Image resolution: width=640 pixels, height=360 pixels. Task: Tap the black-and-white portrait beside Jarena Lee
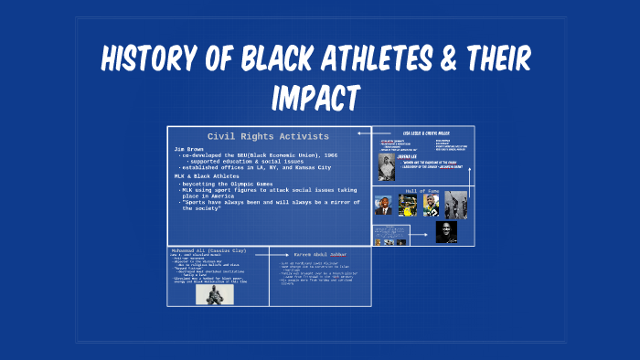(x=387, y=166)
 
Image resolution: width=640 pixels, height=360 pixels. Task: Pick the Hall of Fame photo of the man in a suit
(x=385, y=206)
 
